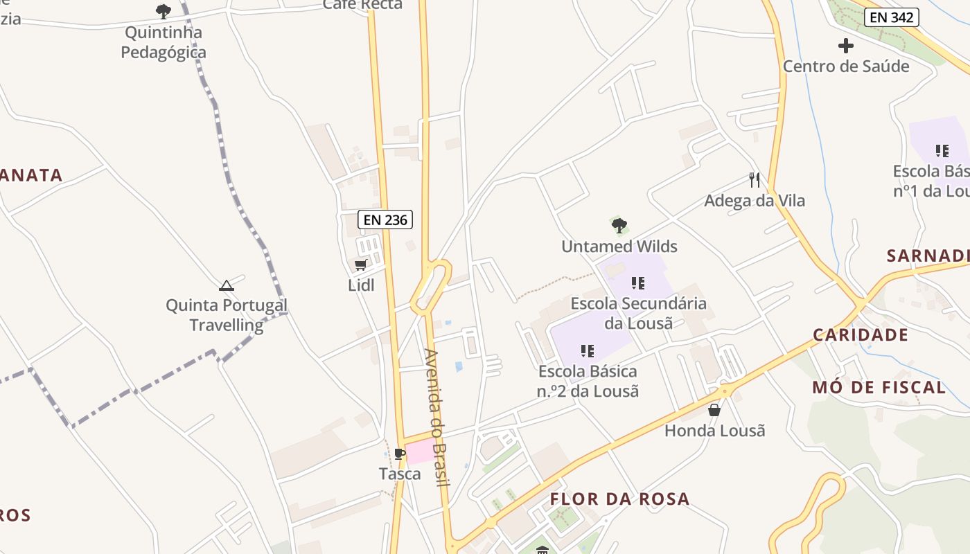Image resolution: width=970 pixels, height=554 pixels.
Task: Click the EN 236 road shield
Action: (x=385, y=220)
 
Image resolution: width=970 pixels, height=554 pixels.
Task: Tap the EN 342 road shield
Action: (x=892, y=17)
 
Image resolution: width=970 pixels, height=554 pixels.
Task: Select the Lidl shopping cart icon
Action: (x=360, y=265)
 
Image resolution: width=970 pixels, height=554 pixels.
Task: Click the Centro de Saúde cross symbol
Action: (x=846, y=46)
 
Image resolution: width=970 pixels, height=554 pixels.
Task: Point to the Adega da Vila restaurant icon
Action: (x=755, y=180)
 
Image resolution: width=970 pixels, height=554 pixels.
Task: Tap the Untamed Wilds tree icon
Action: (x=619, y=225)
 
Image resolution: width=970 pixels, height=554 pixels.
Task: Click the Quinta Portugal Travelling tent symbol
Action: (x=227, y=285)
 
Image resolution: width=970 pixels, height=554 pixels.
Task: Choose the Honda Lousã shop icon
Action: (x=714, y=410)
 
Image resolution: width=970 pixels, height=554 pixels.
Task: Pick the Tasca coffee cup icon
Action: (x=400, y=454)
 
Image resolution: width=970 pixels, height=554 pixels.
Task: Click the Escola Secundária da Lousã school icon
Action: (x=638, y=283)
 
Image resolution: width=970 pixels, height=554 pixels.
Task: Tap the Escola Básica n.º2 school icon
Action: (x=588, y=351)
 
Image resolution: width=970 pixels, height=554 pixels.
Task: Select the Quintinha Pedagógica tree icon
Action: (x=164, y=11)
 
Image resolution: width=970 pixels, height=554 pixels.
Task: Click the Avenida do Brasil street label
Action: (x=436, y=417)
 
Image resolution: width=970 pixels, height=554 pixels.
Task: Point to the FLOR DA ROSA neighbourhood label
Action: (x=619, y=499)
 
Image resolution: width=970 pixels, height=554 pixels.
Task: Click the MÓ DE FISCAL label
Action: (x=879, y=387)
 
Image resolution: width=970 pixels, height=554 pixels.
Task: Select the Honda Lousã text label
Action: (x=714, y=431)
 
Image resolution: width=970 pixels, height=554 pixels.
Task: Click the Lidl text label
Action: (x=361, y=285)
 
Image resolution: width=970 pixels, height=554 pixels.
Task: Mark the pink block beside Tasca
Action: (x=421, y=452)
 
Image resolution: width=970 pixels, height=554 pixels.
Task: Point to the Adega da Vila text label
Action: (x=755, y=201)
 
